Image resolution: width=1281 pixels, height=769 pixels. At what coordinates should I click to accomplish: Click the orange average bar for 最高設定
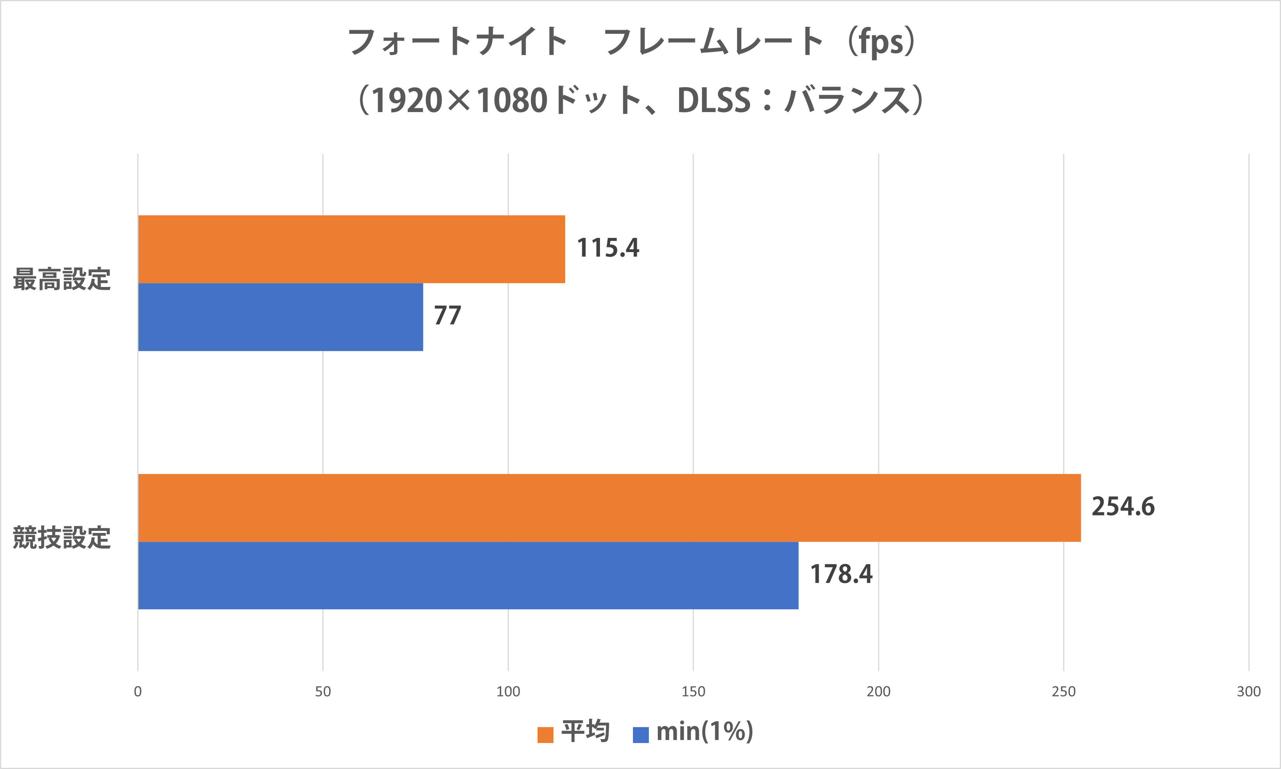click(351, 249)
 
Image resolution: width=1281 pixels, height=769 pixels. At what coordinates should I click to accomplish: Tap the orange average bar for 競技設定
click(609, 508)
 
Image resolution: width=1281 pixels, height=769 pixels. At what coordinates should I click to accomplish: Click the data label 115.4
click(608, 248)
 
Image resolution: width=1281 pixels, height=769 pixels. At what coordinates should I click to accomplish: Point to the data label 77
click(447, 316)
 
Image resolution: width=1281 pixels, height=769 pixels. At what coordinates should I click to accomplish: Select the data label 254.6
click(1123, 506)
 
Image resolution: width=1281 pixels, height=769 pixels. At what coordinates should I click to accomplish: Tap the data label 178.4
click(841, 574)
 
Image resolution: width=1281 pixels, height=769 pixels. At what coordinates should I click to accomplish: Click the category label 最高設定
click(62, 279)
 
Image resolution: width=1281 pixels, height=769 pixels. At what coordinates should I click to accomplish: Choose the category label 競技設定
click(62, 537)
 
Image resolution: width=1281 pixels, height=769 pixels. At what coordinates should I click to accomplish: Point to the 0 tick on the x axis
click(138, 691)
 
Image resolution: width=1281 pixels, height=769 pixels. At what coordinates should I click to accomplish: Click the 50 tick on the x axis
click(323, 691)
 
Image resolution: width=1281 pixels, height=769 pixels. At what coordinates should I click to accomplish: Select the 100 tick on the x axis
click(508, 691)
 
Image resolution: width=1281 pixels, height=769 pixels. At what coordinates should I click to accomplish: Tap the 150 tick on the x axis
click(693, 691)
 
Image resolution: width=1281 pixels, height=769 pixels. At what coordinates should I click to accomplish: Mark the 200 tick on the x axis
click(878, 691)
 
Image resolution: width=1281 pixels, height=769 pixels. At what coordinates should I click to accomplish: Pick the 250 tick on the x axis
click(1064, 691)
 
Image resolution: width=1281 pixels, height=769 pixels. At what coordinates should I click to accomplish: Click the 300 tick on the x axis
click(1249, 691)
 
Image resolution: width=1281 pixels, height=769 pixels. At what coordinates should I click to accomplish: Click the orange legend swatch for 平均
click(545, 734)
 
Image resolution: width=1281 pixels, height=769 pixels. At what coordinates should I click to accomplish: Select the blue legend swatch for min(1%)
click(641, 734)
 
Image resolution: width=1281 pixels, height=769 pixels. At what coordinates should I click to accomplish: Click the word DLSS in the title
click(714, 100)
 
